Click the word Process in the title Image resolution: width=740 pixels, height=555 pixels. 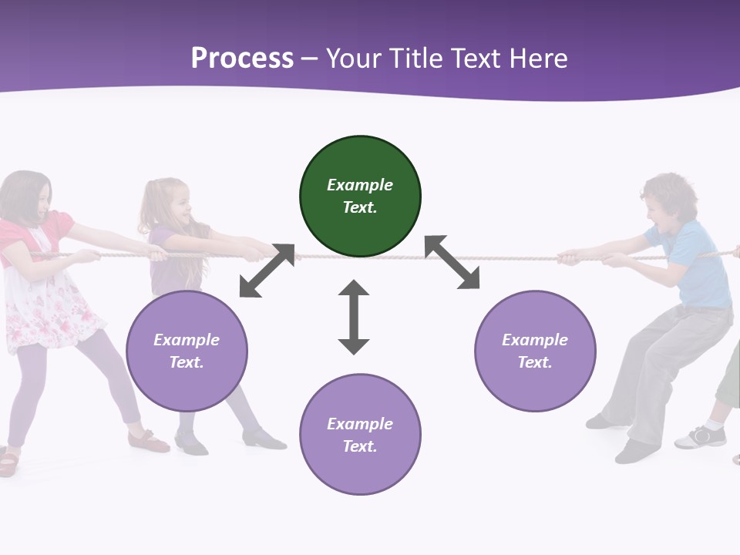(242, 59)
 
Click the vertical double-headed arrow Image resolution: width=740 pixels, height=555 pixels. (354, 317)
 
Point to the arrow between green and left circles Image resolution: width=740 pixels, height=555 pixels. (267, 271)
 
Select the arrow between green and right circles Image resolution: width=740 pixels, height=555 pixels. (452, 262)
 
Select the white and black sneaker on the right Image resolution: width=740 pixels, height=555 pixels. (701, 437)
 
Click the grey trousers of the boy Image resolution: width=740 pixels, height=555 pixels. (663, 362)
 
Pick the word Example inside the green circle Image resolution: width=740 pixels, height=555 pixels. (360, 185)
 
